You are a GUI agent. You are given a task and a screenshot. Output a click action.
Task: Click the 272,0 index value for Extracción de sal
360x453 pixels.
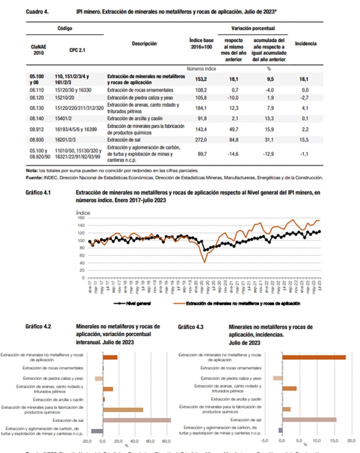pos(201,140)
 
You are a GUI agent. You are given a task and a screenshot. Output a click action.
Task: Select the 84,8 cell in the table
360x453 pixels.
pos(233,140)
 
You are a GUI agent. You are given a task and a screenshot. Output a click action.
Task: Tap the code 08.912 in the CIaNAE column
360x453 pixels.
pos(37,129)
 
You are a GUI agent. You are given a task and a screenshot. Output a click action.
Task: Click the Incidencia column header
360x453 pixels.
pos(305,44)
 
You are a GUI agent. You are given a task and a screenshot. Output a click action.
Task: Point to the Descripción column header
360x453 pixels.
pos(144,44)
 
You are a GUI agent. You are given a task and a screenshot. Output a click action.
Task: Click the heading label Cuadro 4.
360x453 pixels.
pos(37,12)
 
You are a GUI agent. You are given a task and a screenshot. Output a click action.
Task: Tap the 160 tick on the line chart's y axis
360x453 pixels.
pos(81,218)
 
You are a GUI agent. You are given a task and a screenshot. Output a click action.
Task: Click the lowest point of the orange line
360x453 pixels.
pos(205,262)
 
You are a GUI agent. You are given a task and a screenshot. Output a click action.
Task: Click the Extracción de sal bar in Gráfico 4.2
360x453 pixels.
pos(137,420)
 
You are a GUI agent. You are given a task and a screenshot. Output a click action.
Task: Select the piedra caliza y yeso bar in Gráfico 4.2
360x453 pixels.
pos(99,379)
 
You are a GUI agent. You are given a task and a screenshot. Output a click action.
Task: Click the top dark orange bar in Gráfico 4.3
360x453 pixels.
pos(314,357)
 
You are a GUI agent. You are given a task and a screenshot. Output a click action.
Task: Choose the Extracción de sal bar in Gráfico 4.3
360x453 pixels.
pos(309,420)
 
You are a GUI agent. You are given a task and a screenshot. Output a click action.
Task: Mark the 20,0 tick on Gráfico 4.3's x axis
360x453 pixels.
pos(352,440)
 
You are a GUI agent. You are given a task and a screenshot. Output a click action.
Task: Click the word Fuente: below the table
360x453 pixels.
pos(34,178)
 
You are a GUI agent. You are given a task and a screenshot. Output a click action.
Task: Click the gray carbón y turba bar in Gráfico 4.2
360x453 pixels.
pos(97,431)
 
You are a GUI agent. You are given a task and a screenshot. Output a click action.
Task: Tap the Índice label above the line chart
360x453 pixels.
pos(83,213)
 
